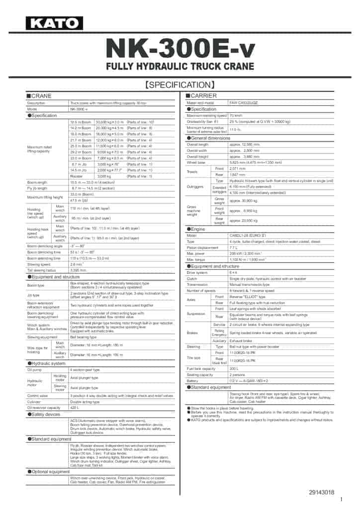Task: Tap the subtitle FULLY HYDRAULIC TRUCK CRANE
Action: (180, 66)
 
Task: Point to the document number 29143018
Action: (322, 492)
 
